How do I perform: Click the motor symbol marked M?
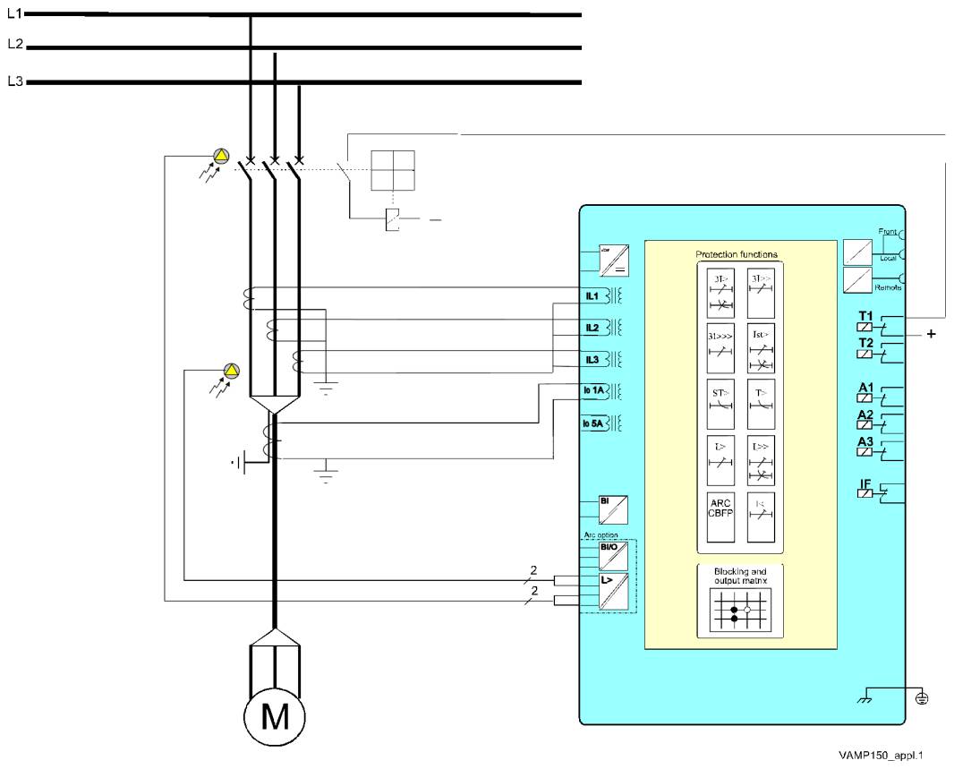pyautogui.click(x=274, y=716)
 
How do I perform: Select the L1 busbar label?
pyautogui.click(x=14, y=13)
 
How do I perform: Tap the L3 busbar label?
pyautogui.click(x=14, y=81)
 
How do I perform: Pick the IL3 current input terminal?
pyautogui.click(x=592, y=360)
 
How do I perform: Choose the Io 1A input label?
pyautogui.click(x=594, y=390)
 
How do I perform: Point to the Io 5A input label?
pyautogui.click(x=594, y=423)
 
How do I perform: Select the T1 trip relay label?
pyautogui.click(x=865, y=315)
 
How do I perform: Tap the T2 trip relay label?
pyautogui.click(x=865, y=343)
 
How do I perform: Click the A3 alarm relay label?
pyautogui.click(x=865, y=441)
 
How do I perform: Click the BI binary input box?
pyautogui.click(x=613, y=509)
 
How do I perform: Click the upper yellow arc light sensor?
pyautogui.click(x=221, y=157)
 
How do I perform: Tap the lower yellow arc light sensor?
pyautogui.click(x=232, y=370)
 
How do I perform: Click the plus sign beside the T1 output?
pyautogui.click(x=932, y=334)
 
